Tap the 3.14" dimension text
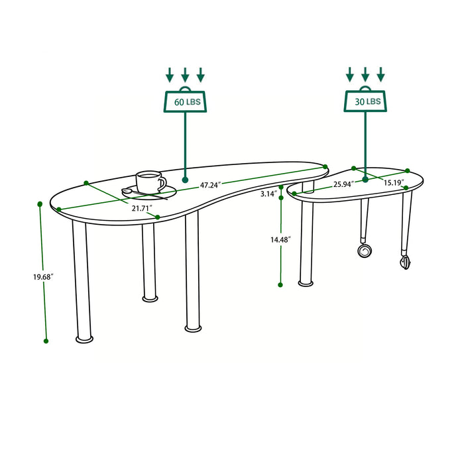pos(268,194)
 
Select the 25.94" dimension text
pos(343,182)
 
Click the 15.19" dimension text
pos(394,182)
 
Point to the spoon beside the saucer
pos(136,192)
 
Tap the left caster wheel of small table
pos(364,251)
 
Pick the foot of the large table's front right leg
pos(194,327)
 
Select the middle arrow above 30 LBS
pos(365,74)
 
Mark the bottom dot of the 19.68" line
pos(46,341)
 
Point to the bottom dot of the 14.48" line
pos(280,284)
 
